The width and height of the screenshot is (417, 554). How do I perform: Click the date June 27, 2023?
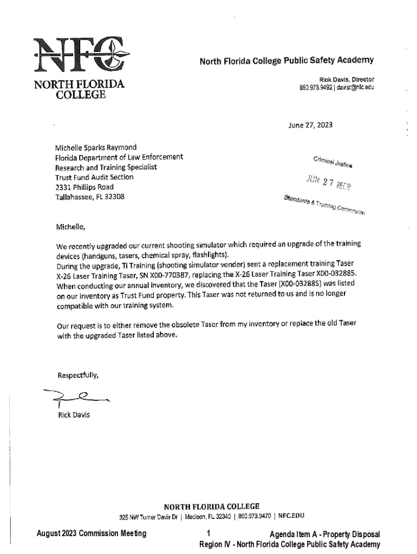(310, 125)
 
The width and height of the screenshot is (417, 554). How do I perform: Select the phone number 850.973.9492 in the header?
(316, 88)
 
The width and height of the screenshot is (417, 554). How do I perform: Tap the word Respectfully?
(78, 375)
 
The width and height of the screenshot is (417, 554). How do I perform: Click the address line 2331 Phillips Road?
(84, 187)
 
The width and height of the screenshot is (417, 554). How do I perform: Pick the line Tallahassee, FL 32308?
(90, 197)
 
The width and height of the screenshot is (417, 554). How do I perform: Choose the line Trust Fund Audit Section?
(94, 177)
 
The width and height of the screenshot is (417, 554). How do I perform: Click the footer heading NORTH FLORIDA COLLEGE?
(208, 506)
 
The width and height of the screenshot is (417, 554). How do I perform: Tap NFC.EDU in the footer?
(291, 516)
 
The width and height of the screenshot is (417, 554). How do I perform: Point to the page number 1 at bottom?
(208, 534)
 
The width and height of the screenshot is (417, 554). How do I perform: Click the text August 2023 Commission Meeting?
(91, 534)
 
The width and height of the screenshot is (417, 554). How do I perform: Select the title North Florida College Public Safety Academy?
(286, 60)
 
